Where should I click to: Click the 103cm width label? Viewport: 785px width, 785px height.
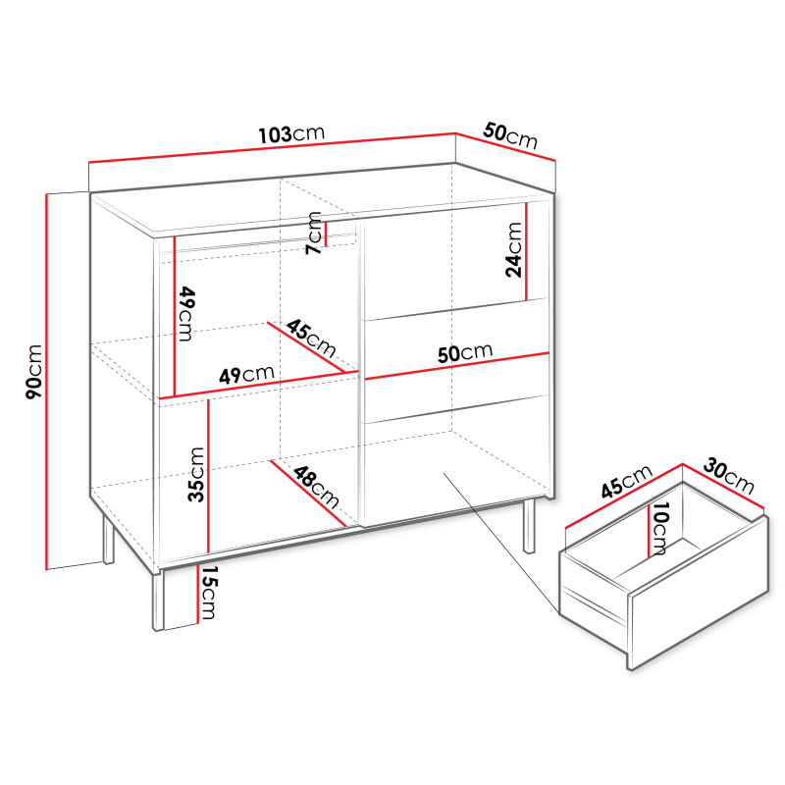291,134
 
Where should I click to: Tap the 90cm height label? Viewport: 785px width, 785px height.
34,372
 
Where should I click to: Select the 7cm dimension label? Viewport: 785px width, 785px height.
314,233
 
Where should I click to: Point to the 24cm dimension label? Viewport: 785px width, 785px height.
513,250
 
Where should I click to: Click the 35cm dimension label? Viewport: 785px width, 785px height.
195,475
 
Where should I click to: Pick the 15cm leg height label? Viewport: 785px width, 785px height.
208,593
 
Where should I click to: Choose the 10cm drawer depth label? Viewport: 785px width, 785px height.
658,529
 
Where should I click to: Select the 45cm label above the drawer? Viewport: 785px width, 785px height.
627,481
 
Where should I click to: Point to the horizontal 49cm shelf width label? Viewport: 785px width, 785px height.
246,374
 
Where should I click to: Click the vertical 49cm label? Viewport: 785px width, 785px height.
185,314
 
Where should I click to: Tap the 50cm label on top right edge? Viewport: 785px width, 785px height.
510,135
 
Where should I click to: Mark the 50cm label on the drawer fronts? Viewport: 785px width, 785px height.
465,352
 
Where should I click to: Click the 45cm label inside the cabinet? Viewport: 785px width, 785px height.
311,338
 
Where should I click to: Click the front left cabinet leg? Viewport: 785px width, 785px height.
158,600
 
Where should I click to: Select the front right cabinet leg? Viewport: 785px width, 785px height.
529,526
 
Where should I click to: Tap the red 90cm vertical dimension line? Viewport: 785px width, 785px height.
46,382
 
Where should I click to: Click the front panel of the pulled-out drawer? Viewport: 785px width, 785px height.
698,594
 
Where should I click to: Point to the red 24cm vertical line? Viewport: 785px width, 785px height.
527,251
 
